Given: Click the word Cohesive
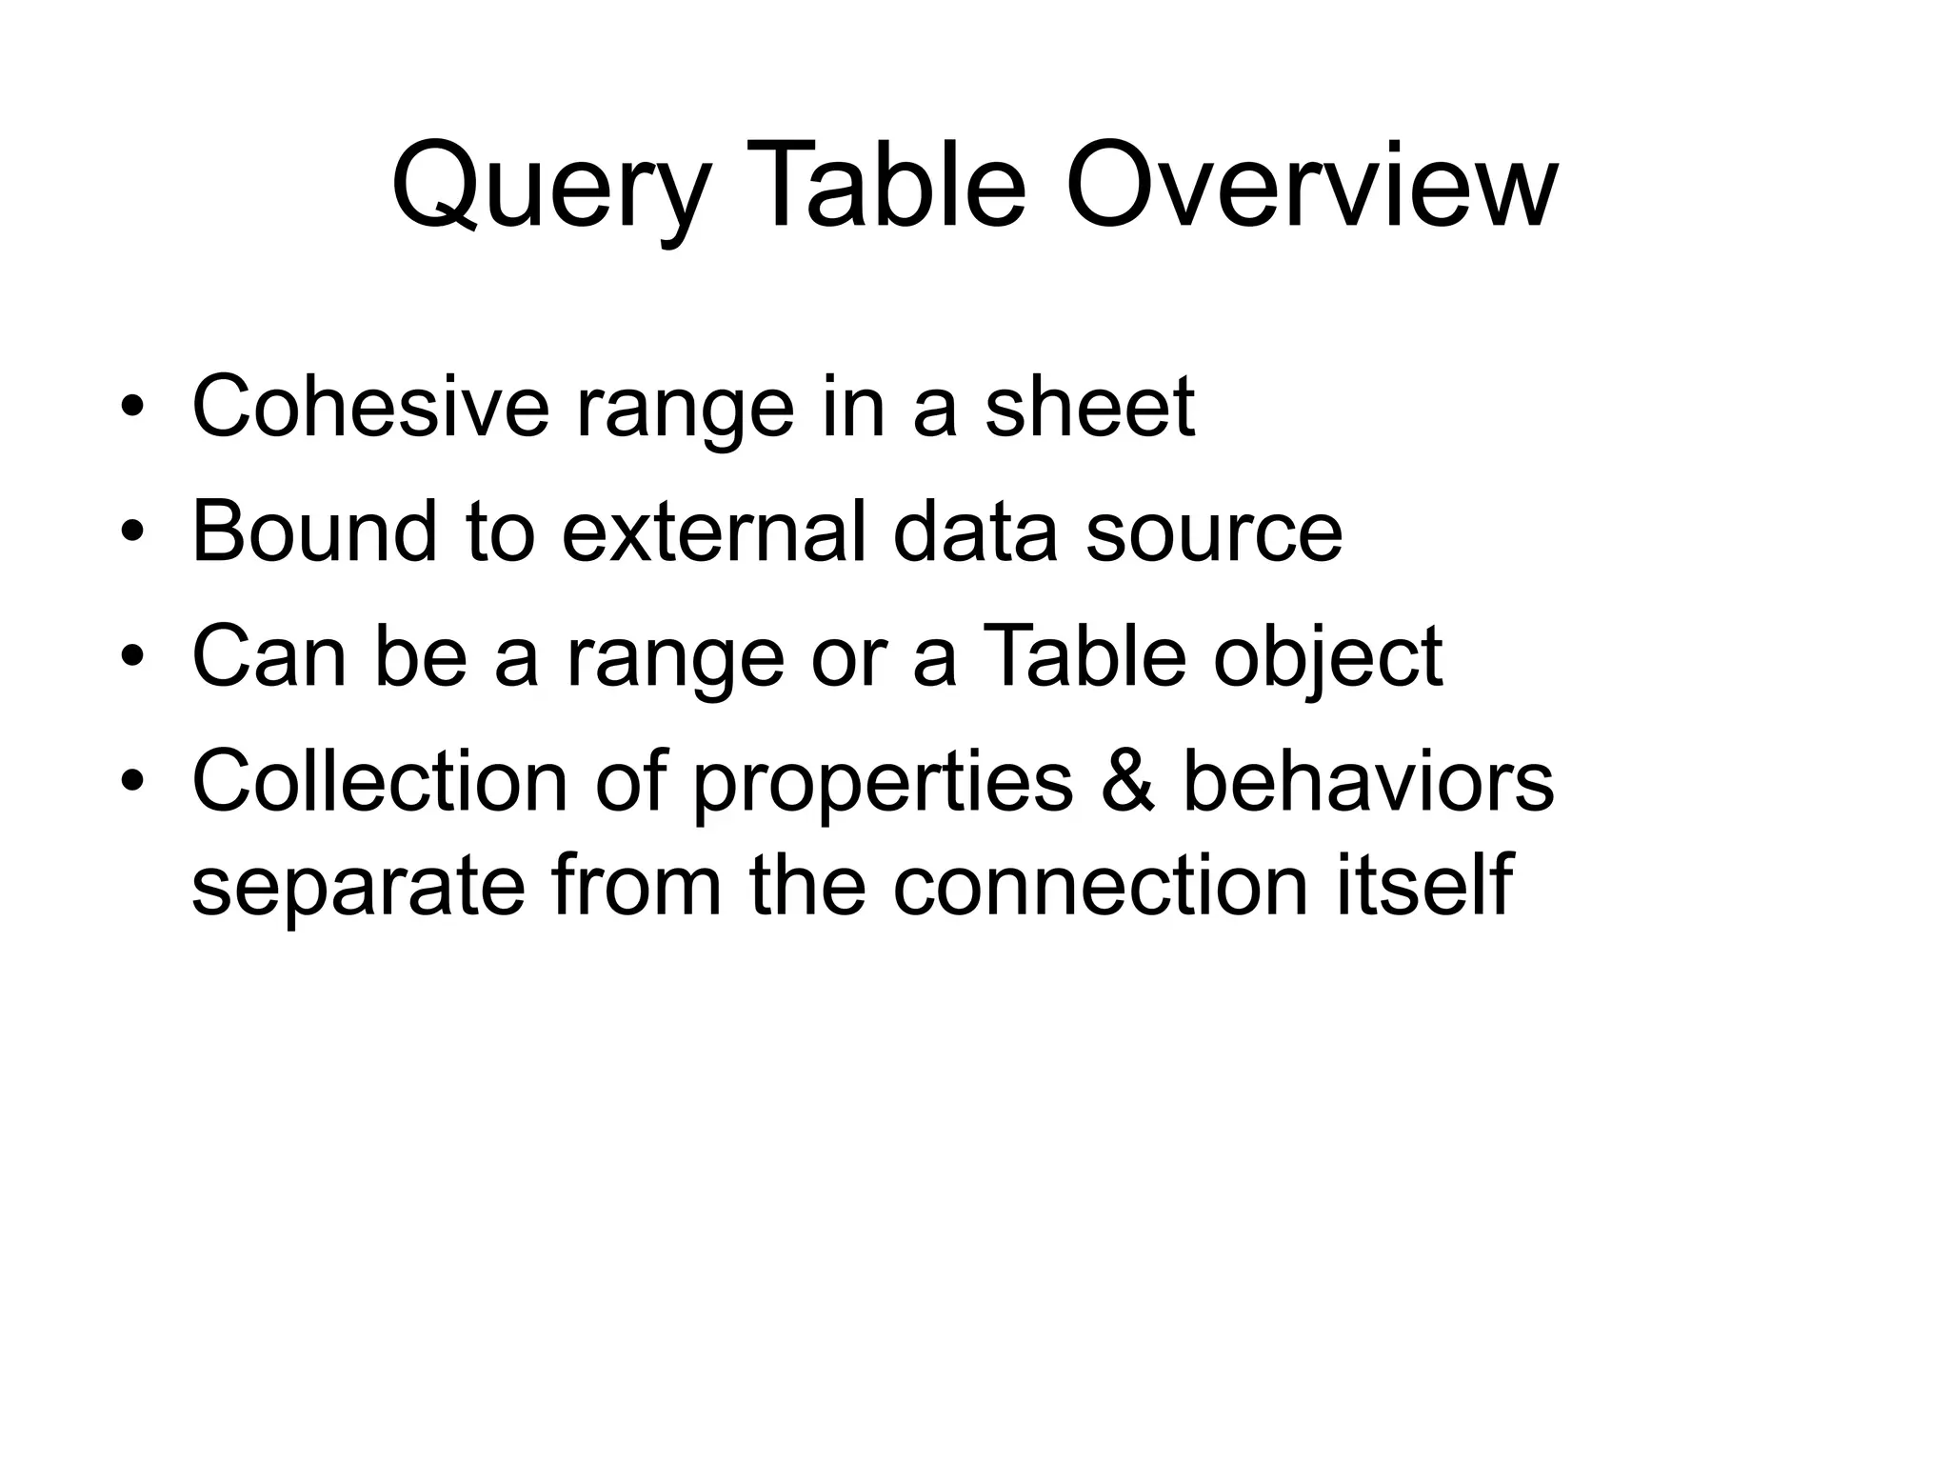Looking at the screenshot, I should tap(370, 407).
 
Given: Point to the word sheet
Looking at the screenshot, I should tap(1089, 407).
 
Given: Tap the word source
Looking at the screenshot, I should tap(1214, 533).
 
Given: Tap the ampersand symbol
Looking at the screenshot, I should tap(1127, 781).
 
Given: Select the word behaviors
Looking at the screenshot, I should tap(1368, 781).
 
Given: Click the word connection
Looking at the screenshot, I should tap(1100, 886).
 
